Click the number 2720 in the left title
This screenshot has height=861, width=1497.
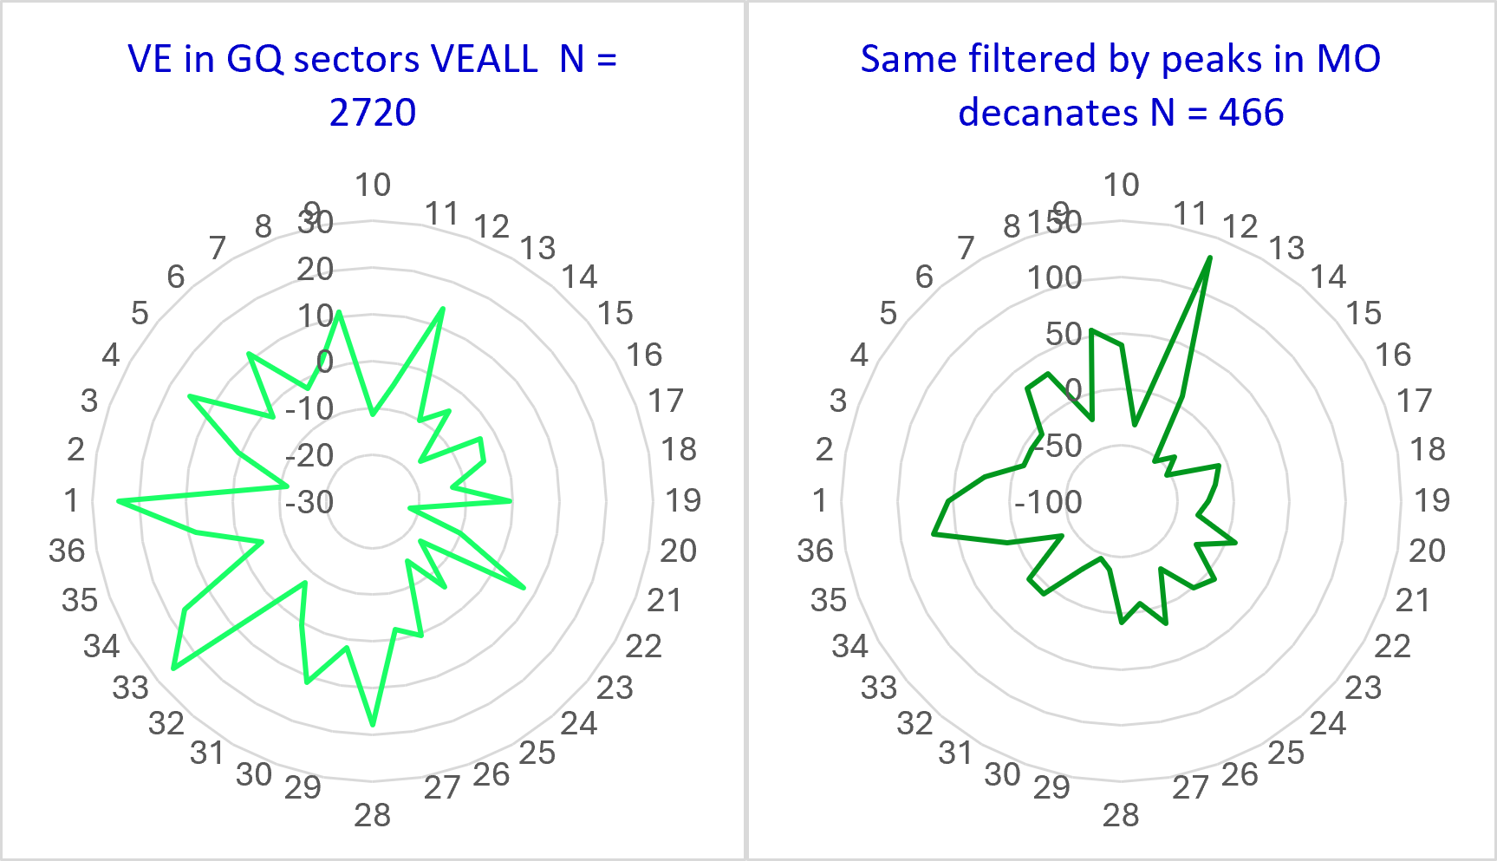pos(373,113)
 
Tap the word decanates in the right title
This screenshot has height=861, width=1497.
pos(1048,113)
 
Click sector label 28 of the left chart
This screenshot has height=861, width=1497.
pos(372,815)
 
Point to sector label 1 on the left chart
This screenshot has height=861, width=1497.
pos(71,499)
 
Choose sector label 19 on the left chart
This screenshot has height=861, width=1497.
pos(683,499)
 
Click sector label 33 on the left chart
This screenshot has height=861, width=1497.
pos(130,688)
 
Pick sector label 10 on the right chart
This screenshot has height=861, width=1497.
pos(1121,184)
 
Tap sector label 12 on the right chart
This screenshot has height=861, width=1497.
pos(1240,226)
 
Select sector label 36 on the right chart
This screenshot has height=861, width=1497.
pos(815,551)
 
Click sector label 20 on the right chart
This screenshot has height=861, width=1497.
pos(1427,551)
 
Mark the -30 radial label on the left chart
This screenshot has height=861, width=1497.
pos(309,501)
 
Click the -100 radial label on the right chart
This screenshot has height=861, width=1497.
pos(1049,501)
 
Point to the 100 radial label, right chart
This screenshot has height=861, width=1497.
pos(1055,277)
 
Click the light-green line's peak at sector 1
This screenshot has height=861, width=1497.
pos(119,501)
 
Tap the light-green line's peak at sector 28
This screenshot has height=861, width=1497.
pos(373,724)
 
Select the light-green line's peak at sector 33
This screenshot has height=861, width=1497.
pos(174,669)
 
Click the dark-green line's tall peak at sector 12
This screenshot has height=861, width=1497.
pos(1210,258)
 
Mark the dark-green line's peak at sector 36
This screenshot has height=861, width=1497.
pos(934,534)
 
